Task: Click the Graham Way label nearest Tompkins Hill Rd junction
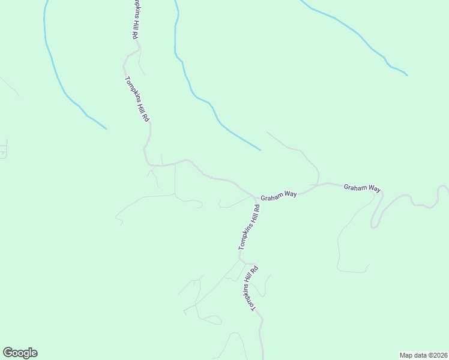pyautogui.click(x=279, y=194)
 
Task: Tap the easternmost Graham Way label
pyautogui.click(x=362, y=188)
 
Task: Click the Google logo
pyautogui.click(x=20, y=353)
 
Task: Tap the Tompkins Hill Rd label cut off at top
pyautogui.click(x=134, y=19)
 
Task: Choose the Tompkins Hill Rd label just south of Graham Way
pyautogui.click(x=249, y=227)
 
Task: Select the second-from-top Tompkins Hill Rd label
pyautogui.click(x=137, y=99)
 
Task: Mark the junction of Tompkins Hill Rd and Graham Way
pyautogui.click(x=255, y=197)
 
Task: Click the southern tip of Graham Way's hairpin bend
pyautogui.click(x=374, y=227)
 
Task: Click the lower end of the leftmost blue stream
pyautogui.click(x=106, y=128)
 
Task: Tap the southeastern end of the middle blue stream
pyautogui.click(x=260, y=149)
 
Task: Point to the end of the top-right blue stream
pyautogui.click(x=407, y=75)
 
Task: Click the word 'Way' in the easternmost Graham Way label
pyautogui.click(x=374, y=188)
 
